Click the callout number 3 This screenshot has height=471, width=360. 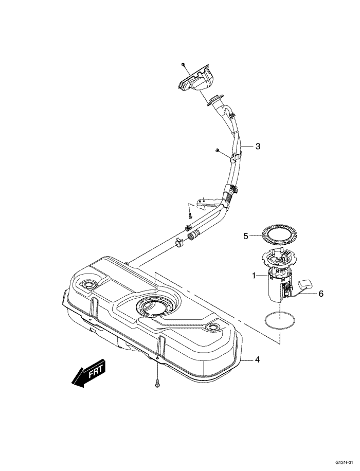click(258, 146)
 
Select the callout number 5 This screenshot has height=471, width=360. click(246, 236)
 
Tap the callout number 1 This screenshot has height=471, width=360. click(254, 276)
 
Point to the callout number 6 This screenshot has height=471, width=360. click(320, 294)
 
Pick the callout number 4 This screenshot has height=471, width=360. click(257, 359)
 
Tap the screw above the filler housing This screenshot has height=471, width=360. click(183, 64)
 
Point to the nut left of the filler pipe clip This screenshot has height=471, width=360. click(218, 150)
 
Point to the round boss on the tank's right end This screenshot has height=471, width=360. click(212, 327)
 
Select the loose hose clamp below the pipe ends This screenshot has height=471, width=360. click(179, 242)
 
